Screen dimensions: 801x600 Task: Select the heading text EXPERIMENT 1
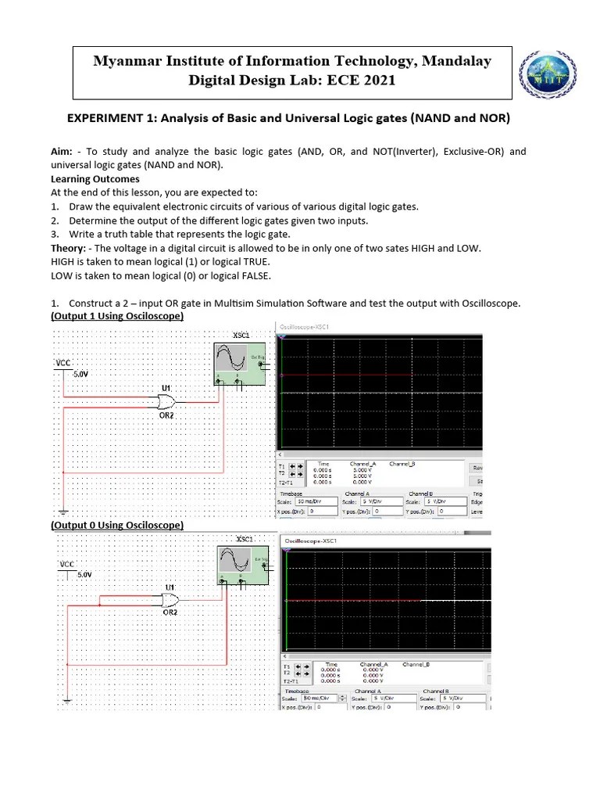click(x=113, y=118)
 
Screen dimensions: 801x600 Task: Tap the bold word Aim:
click(x=62, y=152)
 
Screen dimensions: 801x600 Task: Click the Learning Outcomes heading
click(x=95, y=179)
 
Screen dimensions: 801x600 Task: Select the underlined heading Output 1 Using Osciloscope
click(x=117, y=316)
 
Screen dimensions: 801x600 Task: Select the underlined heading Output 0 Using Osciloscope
click(x=117, y=525)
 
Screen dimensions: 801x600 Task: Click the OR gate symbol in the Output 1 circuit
click(x=166, y=402)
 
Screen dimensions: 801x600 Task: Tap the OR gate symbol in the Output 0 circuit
click(x=168, y=600)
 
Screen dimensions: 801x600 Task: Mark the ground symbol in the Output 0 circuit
click(x=68, y=701)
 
